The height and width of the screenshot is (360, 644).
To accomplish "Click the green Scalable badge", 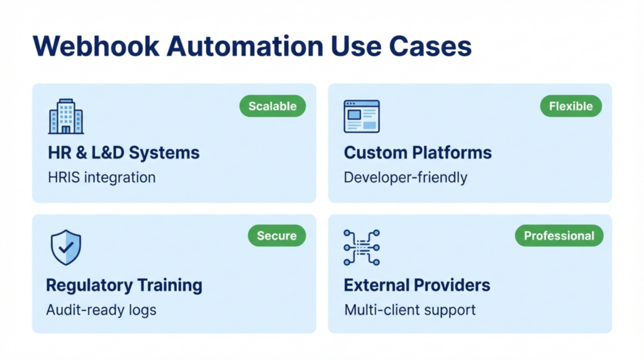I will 272,106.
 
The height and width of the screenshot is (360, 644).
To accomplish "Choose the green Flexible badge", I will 570,106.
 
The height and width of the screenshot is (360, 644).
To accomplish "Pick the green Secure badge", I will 276,236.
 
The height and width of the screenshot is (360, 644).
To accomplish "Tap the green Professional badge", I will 558,236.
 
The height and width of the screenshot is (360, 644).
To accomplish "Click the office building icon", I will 66,116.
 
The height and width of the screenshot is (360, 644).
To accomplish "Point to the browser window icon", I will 362,116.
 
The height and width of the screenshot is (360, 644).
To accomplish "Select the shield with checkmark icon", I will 66,247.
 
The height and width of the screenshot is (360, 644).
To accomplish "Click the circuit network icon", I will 362,247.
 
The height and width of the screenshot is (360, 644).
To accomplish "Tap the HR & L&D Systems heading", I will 123,152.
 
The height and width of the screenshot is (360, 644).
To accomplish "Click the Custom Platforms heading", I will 418,152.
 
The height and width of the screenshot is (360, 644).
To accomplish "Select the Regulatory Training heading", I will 124,285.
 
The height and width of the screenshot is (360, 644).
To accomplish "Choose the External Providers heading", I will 417,285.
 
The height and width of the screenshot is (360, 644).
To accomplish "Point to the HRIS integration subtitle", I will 101,177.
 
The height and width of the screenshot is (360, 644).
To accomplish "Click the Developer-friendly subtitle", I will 406,177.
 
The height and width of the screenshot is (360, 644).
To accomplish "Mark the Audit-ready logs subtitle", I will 101,310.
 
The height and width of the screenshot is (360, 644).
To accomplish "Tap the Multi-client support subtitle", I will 409,310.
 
